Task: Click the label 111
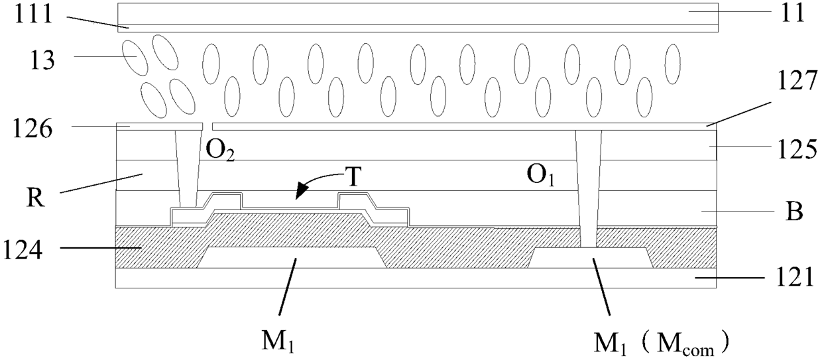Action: point(33,15)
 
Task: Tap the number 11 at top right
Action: point(793,14)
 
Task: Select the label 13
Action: point(42,60)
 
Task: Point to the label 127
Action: point(797,81)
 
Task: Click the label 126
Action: point(32,129)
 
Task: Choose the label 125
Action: point(797,150)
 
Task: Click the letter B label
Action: point(794,212)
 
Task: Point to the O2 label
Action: point(220,150)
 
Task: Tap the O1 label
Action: point(540,175)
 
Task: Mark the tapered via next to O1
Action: point(589,189)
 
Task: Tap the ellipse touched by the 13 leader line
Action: point(135,58)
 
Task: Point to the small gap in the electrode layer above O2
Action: point(207,126)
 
